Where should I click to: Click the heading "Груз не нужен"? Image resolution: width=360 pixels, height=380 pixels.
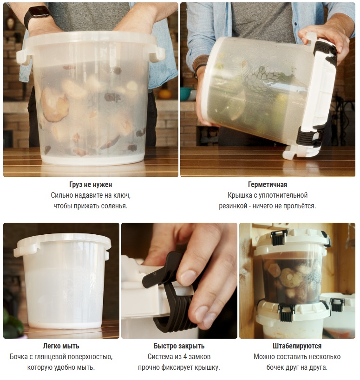coord(91,184)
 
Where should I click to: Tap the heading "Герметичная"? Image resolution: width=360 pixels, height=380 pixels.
coord(268,184)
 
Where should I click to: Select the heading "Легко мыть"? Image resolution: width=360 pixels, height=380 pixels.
coord(61,346)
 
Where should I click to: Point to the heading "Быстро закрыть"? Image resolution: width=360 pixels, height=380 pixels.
coord(179,346)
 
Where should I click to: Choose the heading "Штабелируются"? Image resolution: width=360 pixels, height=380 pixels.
coord(297,346)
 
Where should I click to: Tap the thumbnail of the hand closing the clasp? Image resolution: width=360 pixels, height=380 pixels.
coord(179,281)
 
